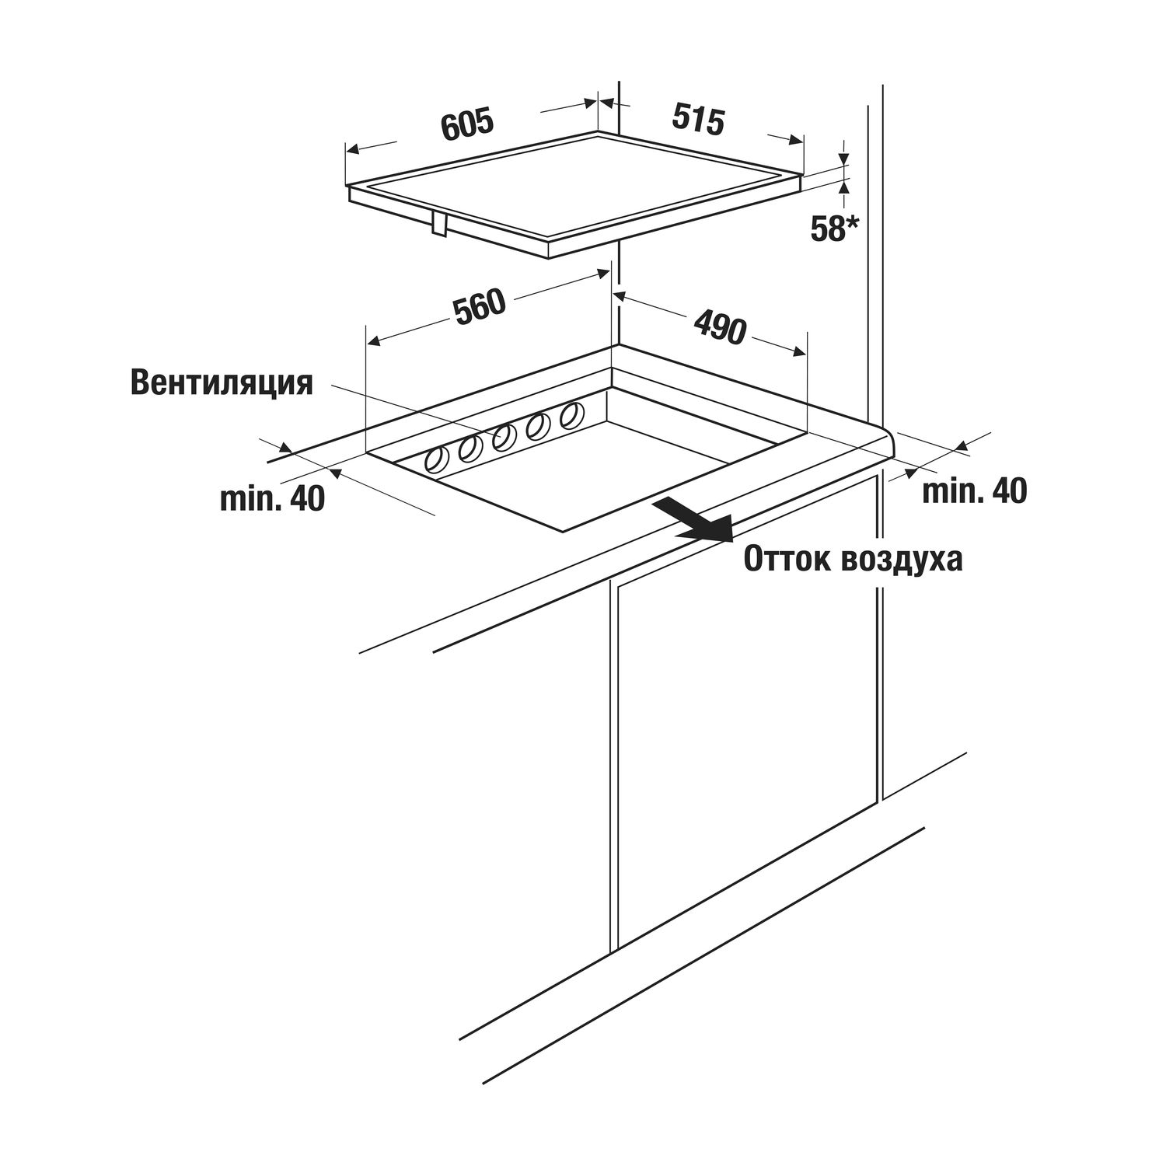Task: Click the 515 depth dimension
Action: [x=698, y=118]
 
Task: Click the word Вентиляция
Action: [x=222, y=383]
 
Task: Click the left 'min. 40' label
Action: [x=272, y=499]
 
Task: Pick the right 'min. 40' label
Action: [x=974, y=490]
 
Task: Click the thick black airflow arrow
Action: [x=693, y=520]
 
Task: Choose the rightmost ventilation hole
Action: [x=571, y=414]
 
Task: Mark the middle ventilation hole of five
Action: [x=504, y=438]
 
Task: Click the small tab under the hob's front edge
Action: [x=439, y=223]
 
